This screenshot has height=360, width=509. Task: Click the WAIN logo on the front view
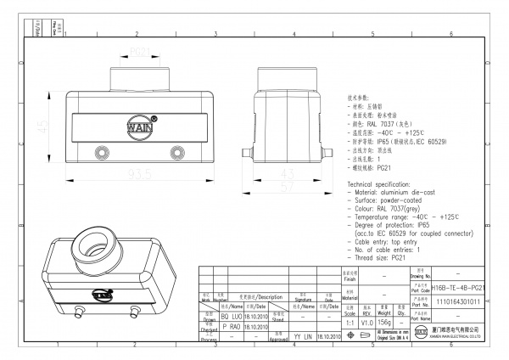140,128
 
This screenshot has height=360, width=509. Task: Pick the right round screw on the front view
177,153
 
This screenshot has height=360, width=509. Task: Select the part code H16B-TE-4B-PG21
457,289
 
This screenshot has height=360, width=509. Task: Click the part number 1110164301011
457,301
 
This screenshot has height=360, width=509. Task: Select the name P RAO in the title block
232,325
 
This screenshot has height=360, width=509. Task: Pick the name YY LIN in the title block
303,337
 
